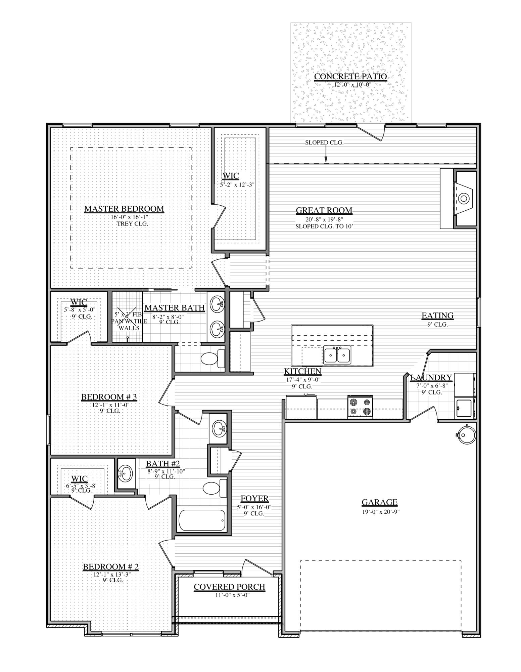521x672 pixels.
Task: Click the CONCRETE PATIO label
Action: click(350, 77)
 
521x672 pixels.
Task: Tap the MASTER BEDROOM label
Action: click(124, 209)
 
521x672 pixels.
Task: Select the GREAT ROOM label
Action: click(324, 210)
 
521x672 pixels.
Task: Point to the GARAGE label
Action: click(379, 502)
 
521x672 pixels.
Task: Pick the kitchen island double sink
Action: click(337, 355)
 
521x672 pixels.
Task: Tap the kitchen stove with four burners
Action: click(360, 407)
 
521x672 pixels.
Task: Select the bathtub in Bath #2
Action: click(202, 520)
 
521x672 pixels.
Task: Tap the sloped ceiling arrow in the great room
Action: click(325, 156)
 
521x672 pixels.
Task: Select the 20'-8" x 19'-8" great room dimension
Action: click(324, 219)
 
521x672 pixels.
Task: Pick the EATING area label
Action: click(437, 316)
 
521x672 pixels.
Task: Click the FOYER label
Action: click(254, 499)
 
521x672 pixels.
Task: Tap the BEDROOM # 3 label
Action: click(109, 397)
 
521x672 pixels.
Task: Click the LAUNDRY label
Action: click(431, 378)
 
